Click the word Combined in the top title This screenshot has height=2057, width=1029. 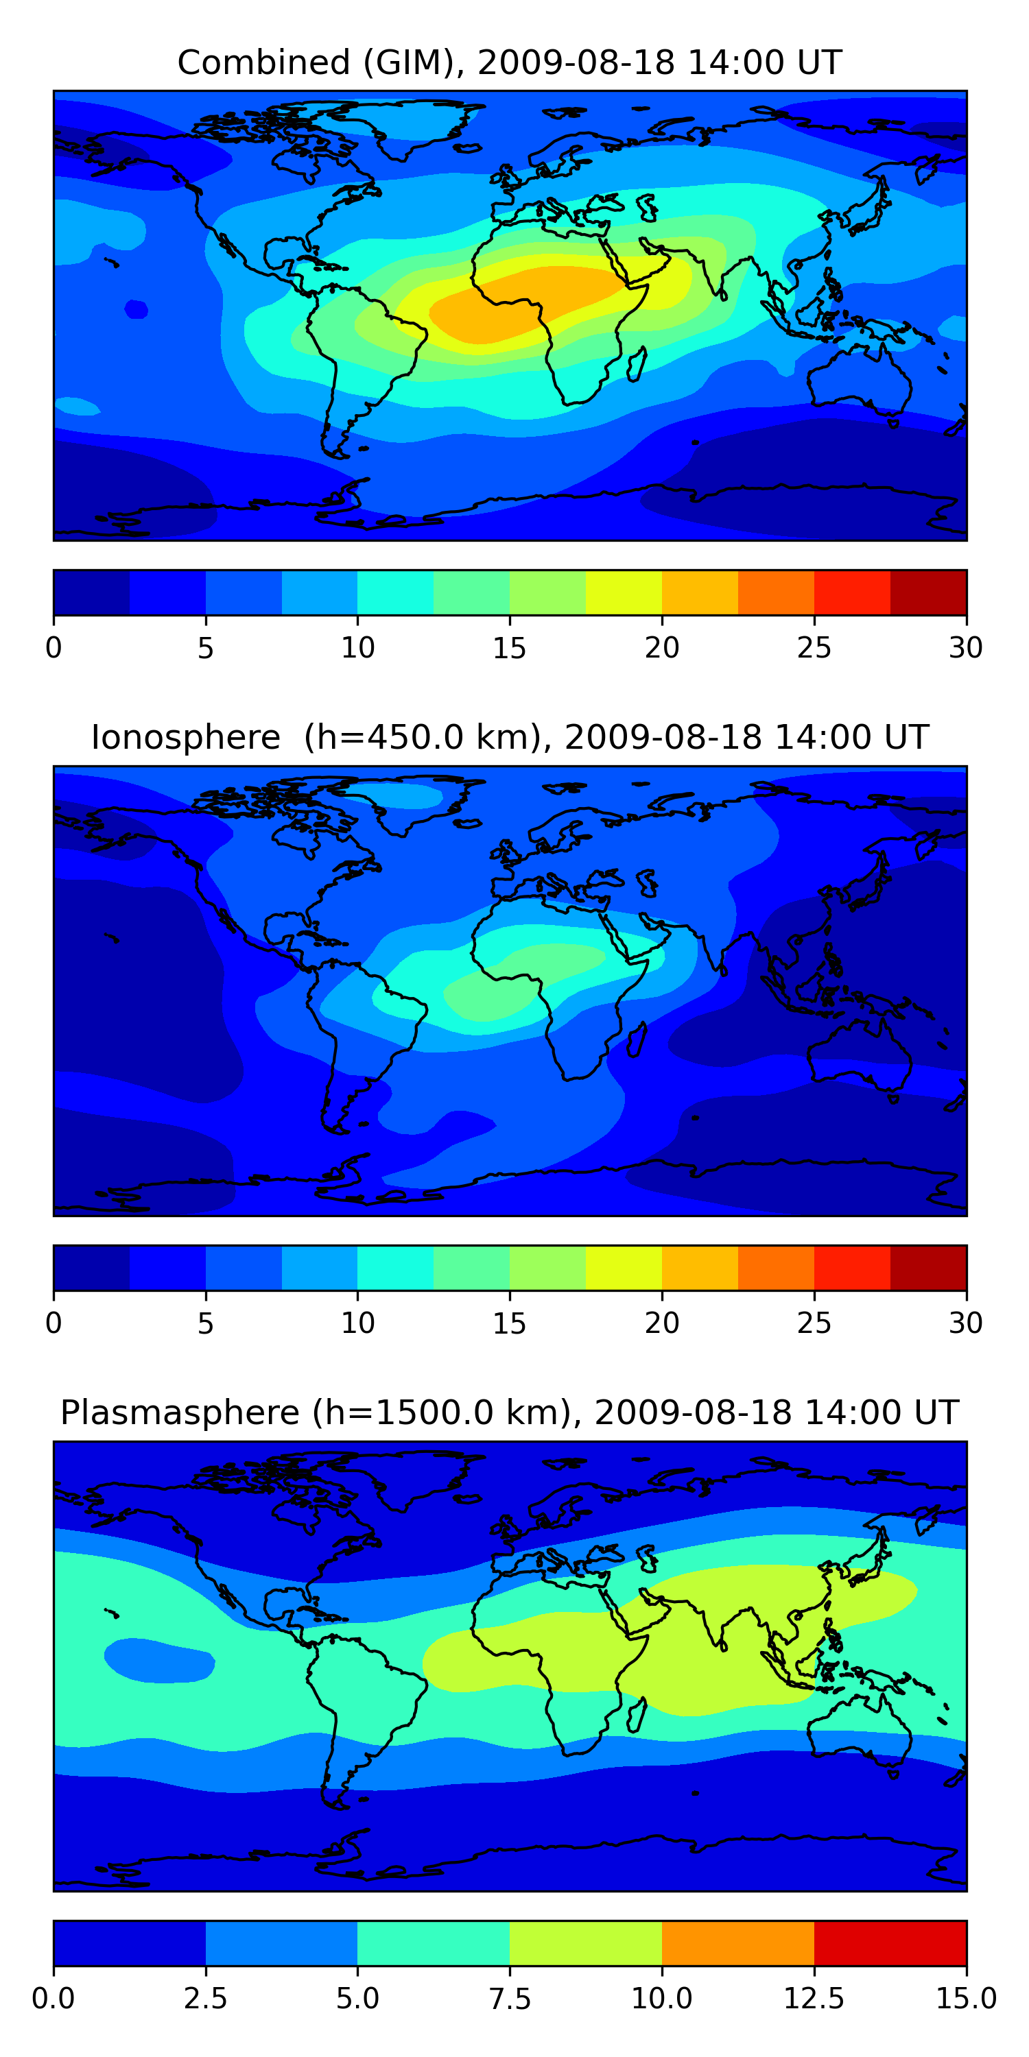[263, 62]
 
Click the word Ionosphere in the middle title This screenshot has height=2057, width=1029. [185, 737]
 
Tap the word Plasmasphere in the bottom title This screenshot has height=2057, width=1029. [180, 1412]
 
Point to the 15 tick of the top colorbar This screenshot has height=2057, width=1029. [509, 647]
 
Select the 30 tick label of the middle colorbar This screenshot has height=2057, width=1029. [965, 1323]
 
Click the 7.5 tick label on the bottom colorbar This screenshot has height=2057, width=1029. [509, 1999]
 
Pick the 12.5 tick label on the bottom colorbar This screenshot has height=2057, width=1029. [814, 1999]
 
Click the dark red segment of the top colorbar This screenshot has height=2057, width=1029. [928, 592]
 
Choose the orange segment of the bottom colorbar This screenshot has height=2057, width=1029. [737, 1942]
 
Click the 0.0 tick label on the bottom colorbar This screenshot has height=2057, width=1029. [54, 1999]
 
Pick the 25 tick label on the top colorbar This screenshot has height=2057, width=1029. [814, 647]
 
